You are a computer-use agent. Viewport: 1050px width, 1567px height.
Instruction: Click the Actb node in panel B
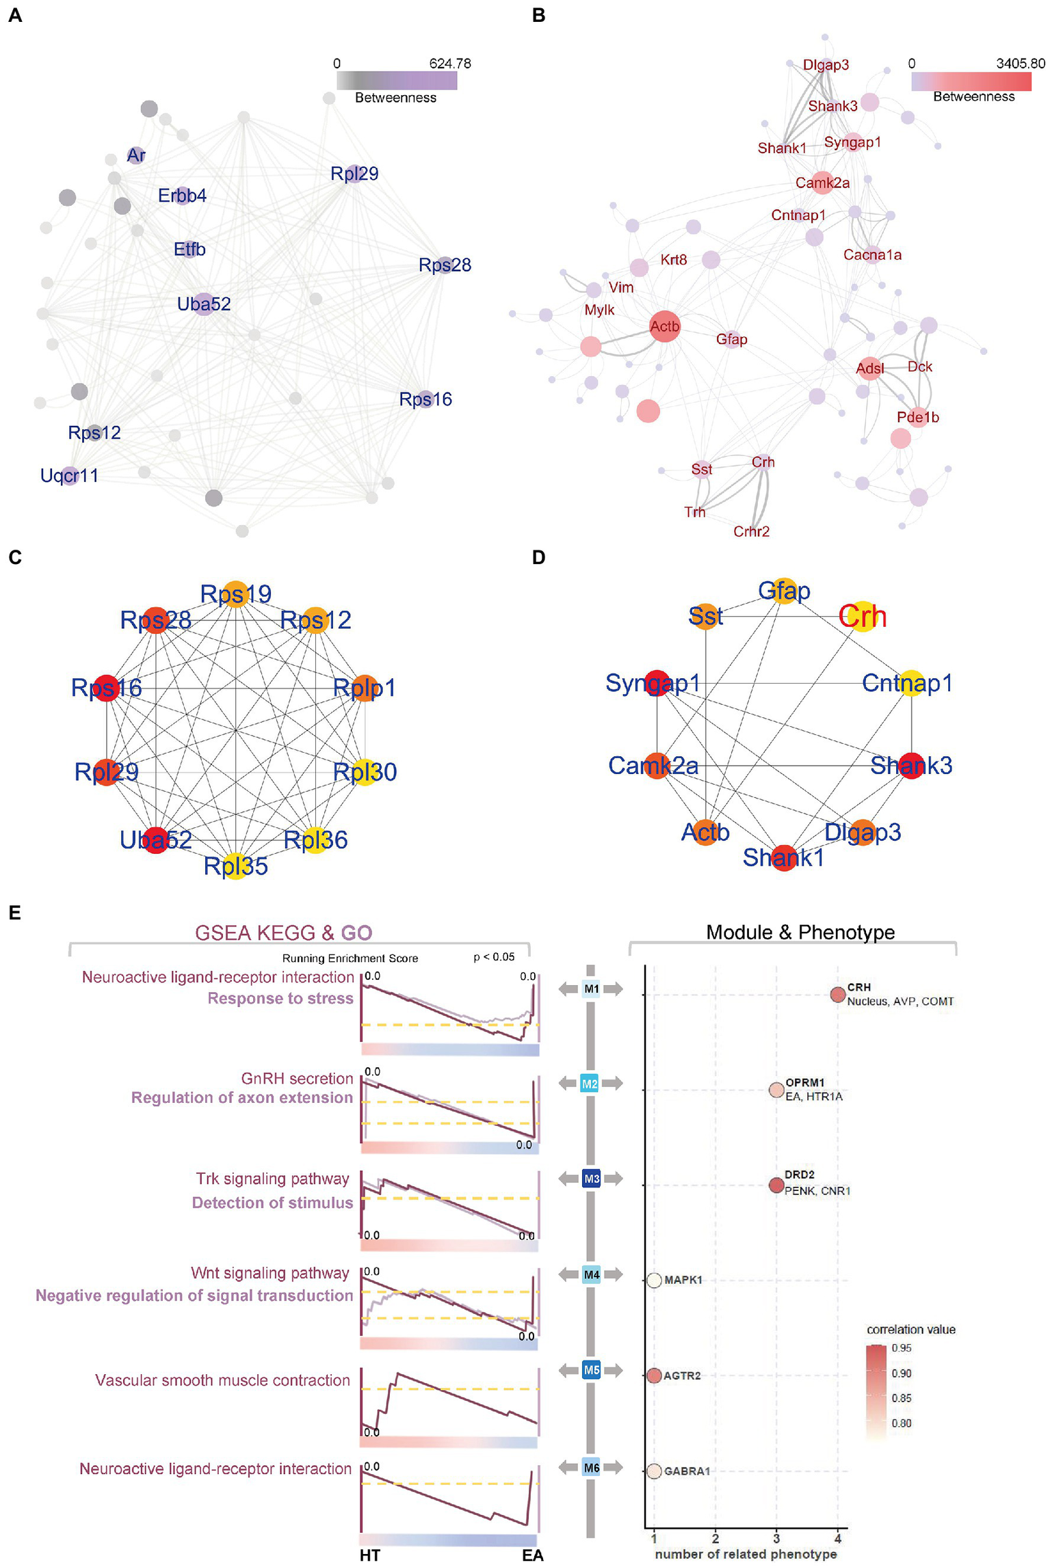point(664,327)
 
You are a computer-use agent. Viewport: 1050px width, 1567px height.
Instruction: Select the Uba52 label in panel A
point(204,304)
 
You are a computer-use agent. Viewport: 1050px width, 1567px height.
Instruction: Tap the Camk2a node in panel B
point(822,183)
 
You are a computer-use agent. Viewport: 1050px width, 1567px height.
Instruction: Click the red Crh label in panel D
point(863,617)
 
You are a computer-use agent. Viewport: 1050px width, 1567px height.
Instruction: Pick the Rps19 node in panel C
point(236,593)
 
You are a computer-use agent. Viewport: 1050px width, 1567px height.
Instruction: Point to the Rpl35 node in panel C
point(236,866)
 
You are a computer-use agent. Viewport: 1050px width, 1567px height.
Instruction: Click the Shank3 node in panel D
point(912,765)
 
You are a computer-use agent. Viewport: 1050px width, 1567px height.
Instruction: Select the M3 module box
point(591,1179)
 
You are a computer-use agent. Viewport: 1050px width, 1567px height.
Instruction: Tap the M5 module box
point(591,1369)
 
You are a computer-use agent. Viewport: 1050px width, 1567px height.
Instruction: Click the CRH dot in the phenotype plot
point(837,995)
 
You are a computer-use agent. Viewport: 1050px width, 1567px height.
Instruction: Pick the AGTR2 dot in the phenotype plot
point(654,1375)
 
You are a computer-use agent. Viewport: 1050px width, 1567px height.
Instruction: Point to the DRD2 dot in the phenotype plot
point(776,1185)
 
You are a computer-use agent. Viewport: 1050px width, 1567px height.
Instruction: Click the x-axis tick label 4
point(837,1538)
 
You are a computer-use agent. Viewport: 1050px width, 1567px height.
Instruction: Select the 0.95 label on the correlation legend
point(901,1348)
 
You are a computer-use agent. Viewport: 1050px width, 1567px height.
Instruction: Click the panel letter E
point(15,912)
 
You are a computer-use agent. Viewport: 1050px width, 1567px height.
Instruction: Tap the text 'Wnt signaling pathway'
point(270,1272)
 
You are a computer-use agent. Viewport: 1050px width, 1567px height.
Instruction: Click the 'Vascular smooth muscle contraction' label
point(222,1380)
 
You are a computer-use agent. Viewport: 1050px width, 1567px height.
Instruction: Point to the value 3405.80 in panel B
point(1020,64)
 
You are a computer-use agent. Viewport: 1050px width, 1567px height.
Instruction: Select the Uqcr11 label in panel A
point(69,475)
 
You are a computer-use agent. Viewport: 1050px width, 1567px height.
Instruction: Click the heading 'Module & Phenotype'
point(800,932)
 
